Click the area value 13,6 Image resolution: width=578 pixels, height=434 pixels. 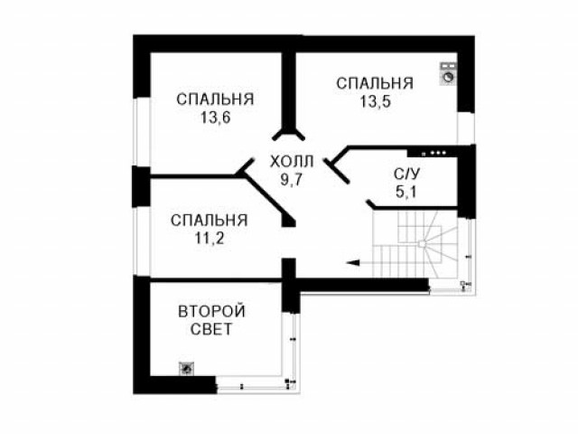pyautogui.click(x=216, y=118)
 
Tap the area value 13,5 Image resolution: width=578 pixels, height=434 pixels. pyautogui.click(x=376, y=101)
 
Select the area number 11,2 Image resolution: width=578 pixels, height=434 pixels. pyautogui.click(x=210, y=239)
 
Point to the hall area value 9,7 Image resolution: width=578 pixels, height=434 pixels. pyautogui.click(x=291, y=180)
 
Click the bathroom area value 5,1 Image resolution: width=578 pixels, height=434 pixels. pyautogui.click(x=406, y=192)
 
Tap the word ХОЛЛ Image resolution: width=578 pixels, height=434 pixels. pyautogui.click(x=292, y=162)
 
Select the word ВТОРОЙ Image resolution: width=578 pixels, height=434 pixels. pyautogui.click(x=211, y=311)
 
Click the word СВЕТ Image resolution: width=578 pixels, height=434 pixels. pyautogui.click(x=211, y=329)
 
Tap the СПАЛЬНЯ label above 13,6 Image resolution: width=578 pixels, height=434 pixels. pyautogui.click(x=215, y=99)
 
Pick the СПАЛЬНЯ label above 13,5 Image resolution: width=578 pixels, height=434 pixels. pyautogui.click(x=375, y=83)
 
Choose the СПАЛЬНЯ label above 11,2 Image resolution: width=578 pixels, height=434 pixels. pyautogui.click(x=209, y=221)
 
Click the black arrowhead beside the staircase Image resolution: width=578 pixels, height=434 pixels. pyautogui.click(x=353, y=263)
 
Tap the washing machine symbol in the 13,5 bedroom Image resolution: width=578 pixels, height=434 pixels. pyautogui.click(x=448, y=74)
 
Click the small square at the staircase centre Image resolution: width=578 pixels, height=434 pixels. pyautogui.click(x=422, y=243)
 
